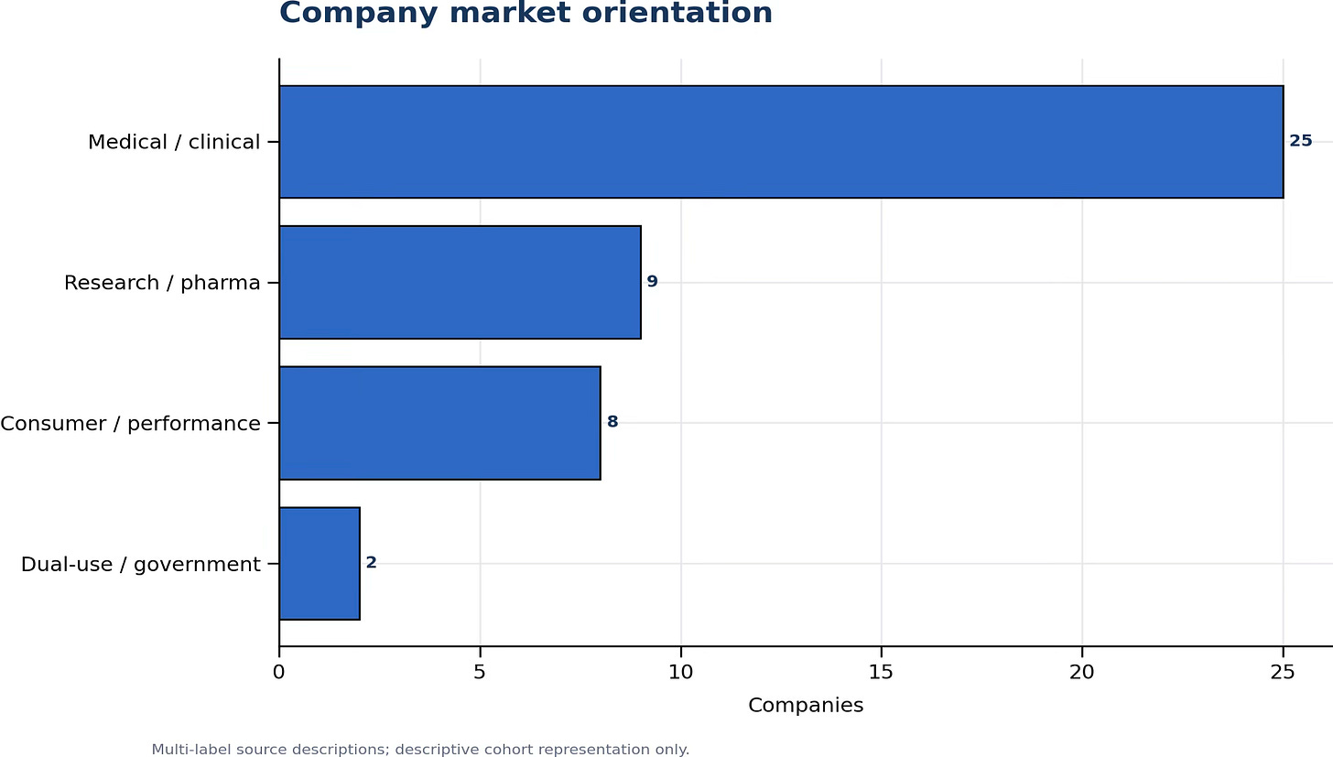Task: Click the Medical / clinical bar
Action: click(x=781, y=142)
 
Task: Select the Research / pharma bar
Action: click(x=460, y=282)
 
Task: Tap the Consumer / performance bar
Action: click(x=439, y=423)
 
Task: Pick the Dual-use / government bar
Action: click(x=320, y=564)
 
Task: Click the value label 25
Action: click(x=1300, y=141)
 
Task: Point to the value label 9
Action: click(x=652, y=282)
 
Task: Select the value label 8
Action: click(x=612, y=422)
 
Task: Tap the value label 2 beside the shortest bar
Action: click(x=372, y=563)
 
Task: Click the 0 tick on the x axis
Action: click(x=278, y=673)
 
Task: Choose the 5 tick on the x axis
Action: click(x=480, y=673)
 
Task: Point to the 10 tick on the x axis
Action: click(x=680, y=673)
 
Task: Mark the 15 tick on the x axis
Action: click(x=881, y=673)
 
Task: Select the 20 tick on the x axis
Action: click(x=1082, y=673)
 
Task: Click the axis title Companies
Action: click(x=805, y=705)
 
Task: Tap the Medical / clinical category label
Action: click(x=174, y=142)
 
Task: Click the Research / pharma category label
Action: click(x=162, y=283)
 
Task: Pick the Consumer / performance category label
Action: click(x=130, y=424)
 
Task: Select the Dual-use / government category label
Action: click(x=140, y=564)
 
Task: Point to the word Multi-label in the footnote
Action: click(x=191, y=750)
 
